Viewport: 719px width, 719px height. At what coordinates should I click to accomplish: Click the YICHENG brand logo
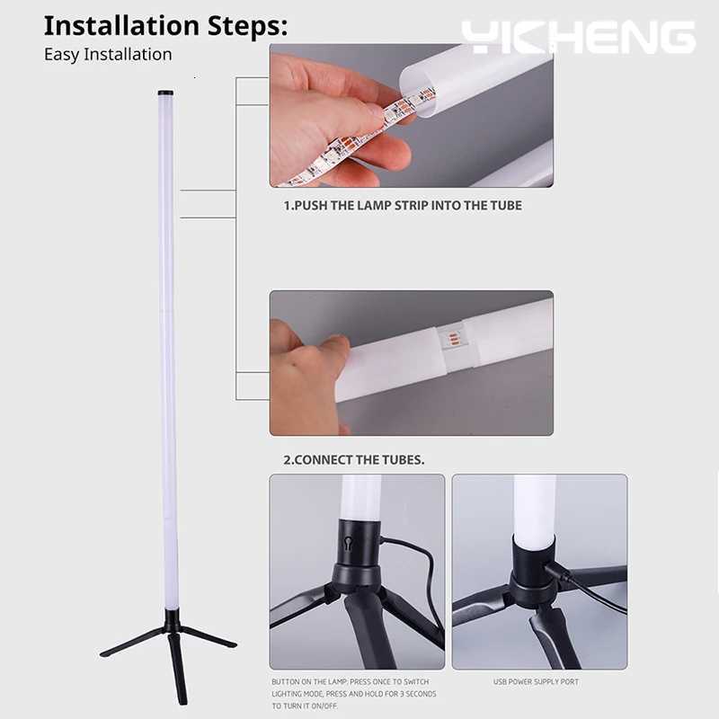coord(579,37)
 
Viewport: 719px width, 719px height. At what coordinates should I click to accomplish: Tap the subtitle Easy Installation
coord(108,54)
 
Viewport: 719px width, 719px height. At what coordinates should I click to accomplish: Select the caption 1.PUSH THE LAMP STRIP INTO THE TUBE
coord(403,205)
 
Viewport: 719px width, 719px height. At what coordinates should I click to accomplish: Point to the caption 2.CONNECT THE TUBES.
coord(354,460)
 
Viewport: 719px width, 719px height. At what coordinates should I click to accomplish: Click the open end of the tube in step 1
coord(416,85)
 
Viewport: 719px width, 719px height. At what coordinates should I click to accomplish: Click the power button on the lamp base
coord(347,545)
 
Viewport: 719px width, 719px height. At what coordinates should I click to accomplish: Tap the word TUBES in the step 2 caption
coord(402,460)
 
